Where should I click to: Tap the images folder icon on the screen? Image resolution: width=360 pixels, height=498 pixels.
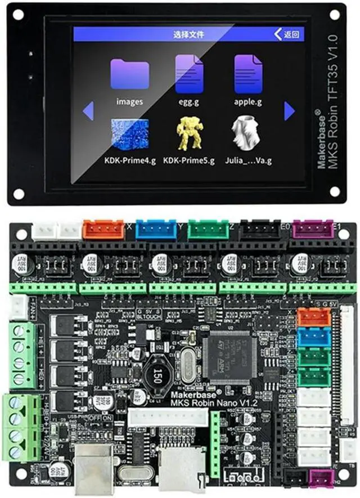[129, 75]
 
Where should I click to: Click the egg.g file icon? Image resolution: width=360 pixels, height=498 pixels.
[190, 74]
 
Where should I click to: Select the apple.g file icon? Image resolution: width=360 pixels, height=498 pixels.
[248, 74]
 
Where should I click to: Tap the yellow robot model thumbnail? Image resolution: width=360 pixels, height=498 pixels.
[190, 133]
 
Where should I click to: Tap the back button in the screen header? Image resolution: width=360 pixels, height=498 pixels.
[287, 34]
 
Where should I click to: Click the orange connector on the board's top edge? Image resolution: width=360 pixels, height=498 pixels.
[103, 228]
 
